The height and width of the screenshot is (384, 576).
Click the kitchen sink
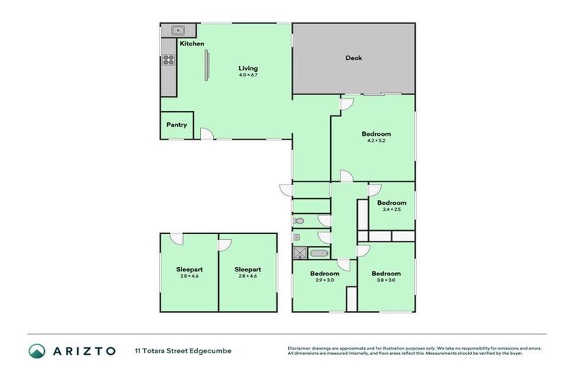coord(178,31)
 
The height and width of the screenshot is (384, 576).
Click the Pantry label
coord(176,125)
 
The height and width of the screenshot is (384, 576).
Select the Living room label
coord(248,68)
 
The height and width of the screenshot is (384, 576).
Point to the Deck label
coord(354,58)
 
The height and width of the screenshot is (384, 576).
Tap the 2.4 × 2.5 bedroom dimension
coord(391,210)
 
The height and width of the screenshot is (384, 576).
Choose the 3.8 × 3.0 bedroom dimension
coord(385,280)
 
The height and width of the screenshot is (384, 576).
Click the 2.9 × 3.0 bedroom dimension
coord(325,280)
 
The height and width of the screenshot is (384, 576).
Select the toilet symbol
coord(299,221)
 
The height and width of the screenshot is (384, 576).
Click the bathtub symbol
coord(319,253)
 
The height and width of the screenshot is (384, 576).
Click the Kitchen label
coord(191,43)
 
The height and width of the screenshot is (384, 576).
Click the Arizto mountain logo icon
coord(37,350)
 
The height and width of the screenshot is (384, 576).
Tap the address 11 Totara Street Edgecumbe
coord(183,350)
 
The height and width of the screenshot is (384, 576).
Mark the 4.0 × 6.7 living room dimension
coord(248,75)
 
